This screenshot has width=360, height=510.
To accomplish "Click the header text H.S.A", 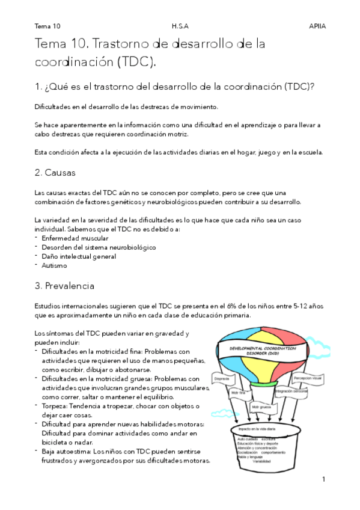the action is (x=180, y=26).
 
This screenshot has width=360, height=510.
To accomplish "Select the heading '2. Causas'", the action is (x=55, y=173).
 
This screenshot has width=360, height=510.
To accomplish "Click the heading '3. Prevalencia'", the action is (x=64, y=286).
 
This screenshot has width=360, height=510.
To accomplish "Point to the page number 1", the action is (x=323, y=479).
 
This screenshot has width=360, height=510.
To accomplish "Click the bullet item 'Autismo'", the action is (x=54, y=265).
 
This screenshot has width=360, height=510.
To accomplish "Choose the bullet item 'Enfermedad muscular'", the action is (x=75, y=238).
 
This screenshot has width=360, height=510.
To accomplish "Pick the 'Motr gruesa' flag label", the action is (x=262, y=407).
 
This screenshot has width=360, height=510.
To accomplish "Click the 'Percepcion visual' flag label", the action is (x=307, y=379).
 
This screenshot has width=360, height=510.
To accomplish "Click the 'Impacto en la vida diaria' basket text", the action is (x=257, y=429).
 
